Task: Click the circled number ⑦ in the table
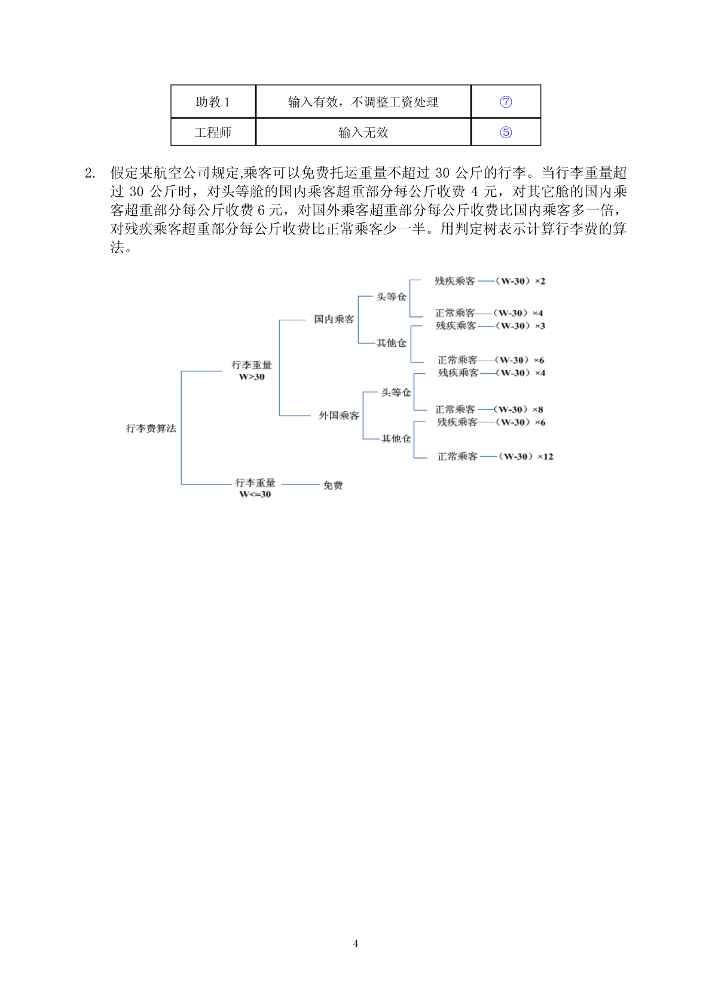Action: click(x=506, y=102)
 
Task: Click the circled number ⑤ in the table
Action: click(x=506, y=132)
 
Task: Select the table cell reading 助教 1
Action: click(x=213, y=102)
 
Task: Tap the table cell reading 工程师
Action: click(x=213, y=132)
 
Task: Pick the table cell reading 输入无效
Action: click(x=363, y=132)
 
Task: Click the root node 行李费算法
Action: click(x=151, y=428)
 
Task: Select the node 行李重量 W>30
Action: click(x=252, y=371)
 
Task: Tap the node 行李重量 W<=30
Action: click(x=255, y=489)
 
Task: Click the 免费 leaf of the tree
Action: click(x=333, y=485)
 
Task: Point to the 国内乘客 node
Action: click(x=334, y=319)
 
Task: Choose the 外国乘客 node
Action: click(x=339, y=416)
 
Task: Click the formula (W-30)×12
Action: click(x=526, y=457)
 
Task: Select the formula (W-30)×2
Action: click(x=520, y=282)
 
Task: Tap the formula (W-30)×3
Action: click(x=520, y=326)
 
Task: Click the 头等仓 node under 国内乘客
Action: click(x=392, y=297)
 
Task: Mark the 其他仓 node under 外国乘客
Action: click(x=396, y=439)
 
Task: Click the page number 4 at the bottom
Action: click(x=356, y=944)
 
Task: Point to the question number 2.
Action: click(x=90, y=173)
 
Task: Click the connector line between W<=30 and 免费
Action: click(x=301, y=484)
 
